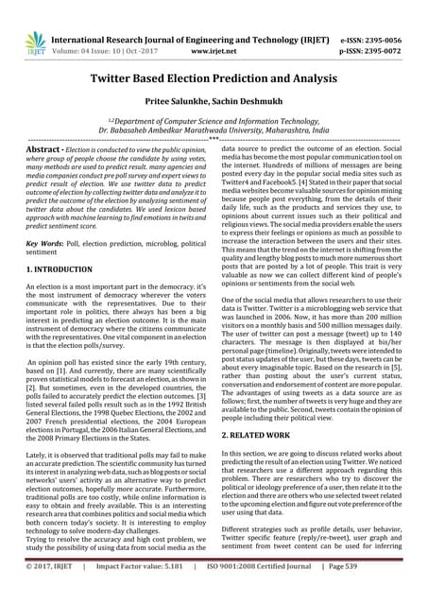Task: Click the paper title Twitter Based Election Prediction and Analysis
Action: (214, 82)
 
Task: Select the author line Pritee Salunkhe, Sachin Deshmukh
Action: (214, 110)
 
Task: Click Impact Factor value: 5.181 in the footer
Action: (143, 593)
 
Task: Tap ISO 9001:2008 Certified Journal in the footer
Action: (269, 593)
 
